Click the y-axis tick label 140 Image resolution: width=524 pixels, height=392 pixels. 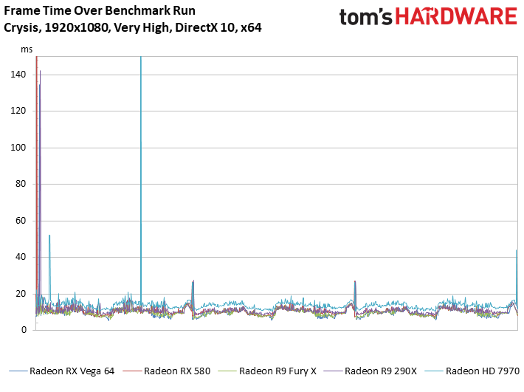click(x=18, y=75)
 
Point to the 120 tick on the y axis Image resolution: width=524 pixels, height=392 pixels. click(x=18, y=111)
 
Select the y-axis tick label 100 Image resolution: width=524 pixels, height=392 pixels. click(x=18, y=148)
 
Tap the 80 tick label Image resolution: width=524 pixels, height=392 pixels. click(x=21, y=184)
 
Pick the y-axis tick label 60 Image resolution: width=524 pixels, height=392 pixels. click(x=21, y=221)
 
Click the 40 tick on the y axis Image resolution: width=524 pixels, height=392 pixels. click(x=21, y=257)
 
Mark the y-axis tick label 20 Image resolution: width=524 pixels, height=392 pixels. click(x=21, y=294)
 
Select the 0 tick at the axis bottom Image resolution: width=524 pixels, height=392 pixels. click(x=24, y=330)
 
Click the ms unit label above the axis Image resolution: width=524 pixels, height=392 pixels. click(x=27, y=49)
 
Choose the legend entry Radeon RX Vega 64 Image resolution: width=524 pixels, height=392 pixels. click(x=62, y=371)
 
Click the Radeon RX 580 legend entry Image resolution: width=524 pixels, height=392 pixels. click(x=167, y=371)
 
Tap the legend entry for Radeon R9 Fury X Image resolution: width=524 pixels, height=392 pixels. click(x=267, y=371)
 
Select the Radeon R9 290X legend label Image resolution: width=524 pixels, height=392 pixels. click(x=370, y=371)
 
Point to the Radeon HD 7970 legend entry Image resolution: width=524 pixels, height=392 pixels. click(x=472, y=371)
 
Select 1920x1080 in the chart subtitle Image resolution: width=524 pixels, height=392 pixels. click(x=77, y=27)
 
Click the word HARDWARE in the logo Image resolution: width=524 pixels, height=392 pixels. click(x=457, y=17)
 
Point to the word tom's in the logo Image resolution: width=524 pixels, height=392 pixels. click(x=365, y=17)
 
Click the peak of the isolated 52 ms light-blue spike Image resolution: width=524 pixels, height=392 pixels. click(x=49, y=235)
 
